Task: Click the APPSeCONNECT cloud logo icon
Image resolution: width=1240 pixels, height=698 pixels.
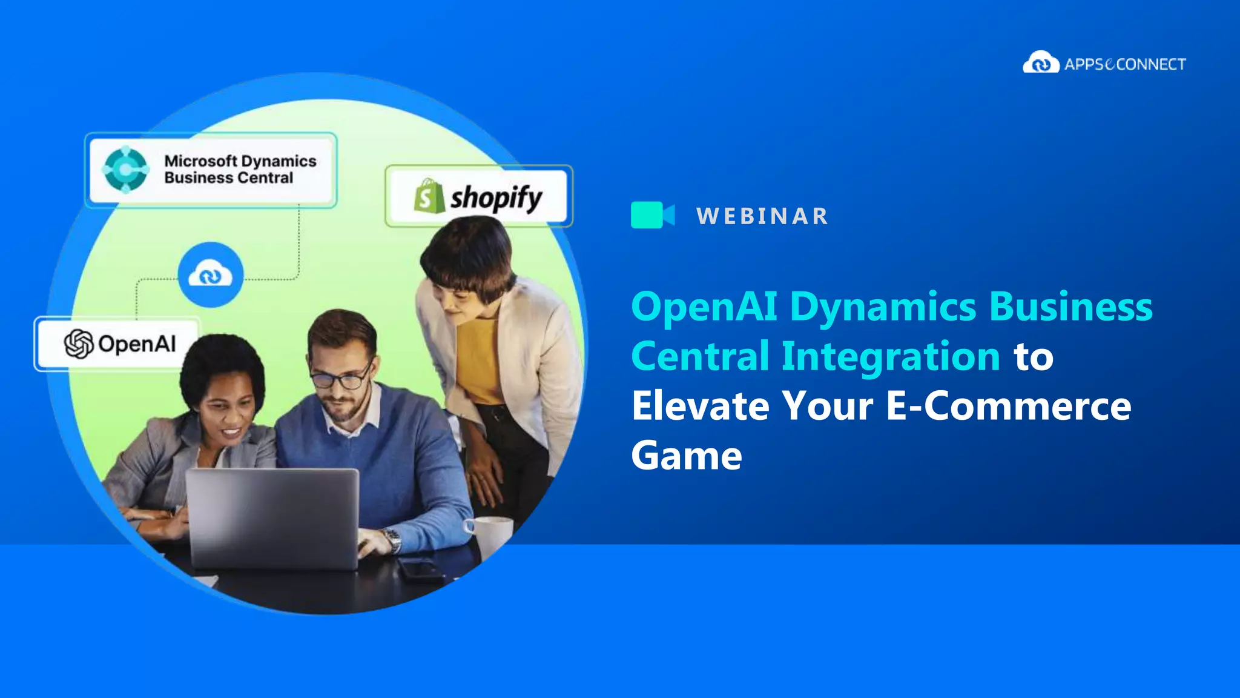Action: [x=1040, y=62]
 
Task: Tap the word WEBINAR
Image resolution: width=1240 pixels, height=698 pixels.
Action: [x=762, y=216]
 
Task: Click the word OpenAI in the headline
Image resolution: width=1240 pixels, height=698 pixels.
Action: [x=704, y=306]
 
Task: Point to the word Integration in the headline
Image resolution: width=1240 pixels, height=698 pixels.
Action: [x=890, y=356]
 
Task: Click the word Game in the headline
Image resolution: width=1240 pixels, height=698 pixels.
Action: [x=686, y=456]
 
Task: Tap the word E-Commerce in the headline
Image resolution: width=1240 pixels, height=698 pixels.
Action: [x=1008, y=406]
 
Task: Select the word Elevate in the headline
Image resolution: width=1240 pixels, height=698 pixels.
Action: [x=700, y=406]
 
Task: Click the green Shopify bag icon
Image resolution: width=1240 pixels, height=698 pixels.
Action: [x=429, y=196]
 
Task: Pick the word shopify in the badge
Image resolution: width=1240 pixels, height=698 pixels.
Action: [x=496, y=198]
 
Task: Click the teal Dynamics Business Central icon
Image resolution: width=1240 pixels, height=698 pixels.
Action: [x=125, y=170]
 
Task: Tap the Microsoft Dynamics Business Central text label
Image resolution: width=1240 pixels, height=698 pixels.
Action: [x=240, y=169]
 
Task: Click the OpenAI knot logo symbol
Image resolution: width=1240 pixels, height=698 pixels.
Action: [x=79, y=344]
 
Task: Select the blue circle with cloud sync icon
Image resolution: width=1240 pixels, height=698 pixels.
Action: [x=211, y=275]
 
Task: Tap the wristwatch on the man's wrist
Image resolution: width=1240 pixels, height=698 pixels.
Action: [x=392, y=539]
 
